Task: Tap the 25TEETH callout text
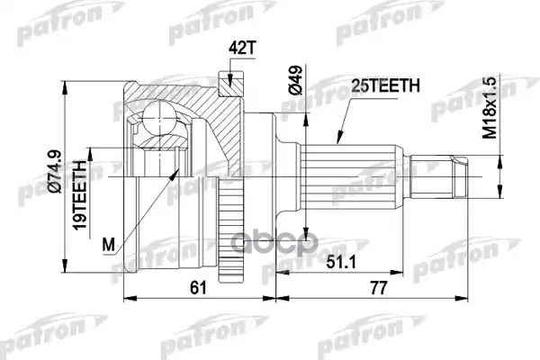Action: pyautogui.click(x=382, y=88)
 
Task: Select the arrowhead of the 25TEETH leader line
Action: pyautogui.click(x=338, y=140)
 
